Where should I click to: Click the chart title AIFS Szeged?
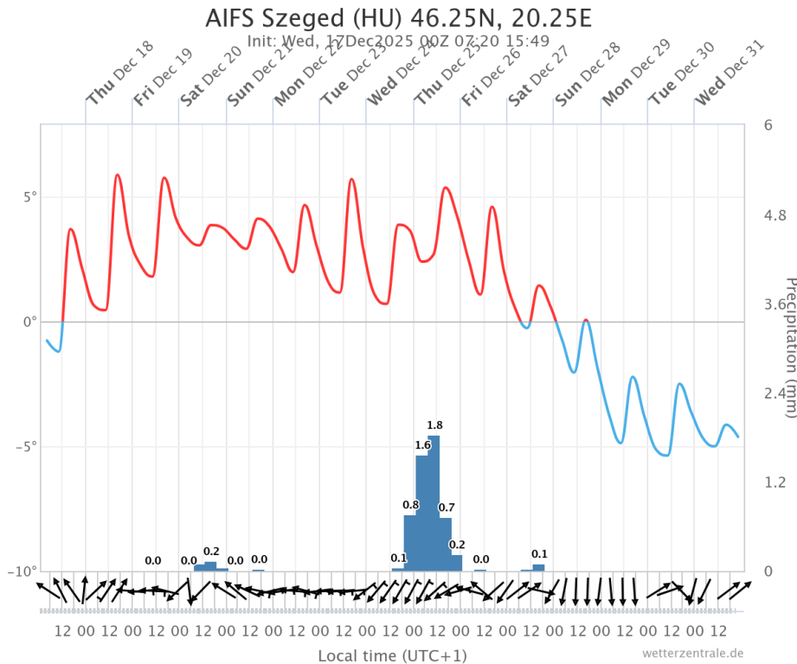pyautogui.click(x=398, y=17)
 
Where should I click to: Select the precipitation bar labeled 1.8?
pyautogui.click(x=434, y=501)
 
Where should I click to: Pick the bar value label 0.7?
pyautogui.click(x=447, y=508)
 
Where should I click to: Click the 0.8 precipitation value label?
pyautogui.click(x=411, y=505)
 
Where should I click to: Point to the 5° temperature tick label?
pyautogui.click(x=30, y=196)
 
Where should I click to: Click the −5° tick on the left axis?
pyautogui.click(x=28, y=447)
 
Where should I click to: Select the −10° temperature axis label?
pyautogui.click(x=24, y=572)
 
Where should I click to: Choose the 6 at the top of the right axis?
pyautogui.click(x=768, y=125)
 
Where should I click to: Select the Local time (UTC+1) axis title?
pyautogui.click(x=392, y=655)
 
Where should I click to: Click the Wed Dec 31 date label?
pyautogui.click(x=731, y=73)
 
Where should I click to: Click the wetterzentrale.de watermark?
pyautogui.click(x=692, y=653)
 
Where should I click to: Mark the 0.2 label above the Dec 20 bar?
pyautogui.click(x=211, y=551)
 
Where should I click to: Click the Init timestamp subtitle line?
pyautogui.click(x=398, y=41)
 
